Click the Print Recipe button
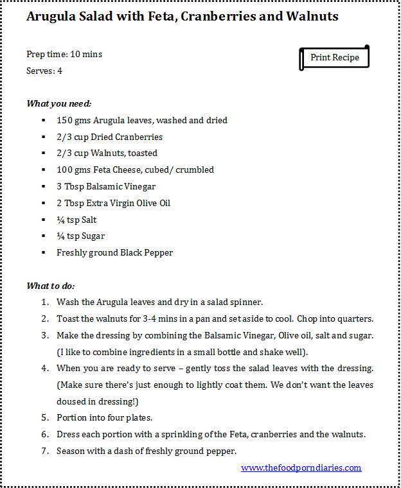coord(334,58)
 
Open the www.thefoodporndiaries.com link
coord(301,468)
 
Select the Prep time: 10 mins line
coord(64,55)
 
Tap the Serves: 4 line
coord(44,71)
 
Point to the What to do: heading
coord(51,286)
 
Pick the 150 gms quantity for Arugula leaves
coord(73,120)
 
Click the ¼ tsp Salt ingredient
coord(76,220)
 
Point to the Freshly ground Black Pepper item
coord(114,253)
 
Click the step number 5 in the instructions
coord(45,417)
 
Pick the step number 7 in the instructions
coord(45,451)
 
